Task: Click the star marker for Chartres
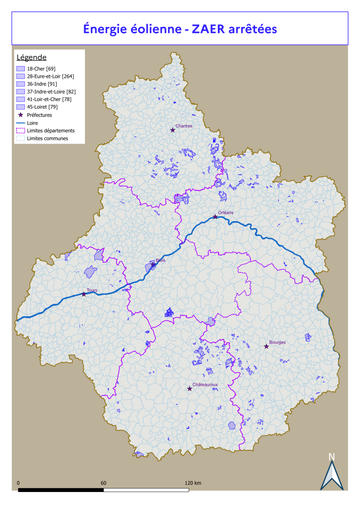click(x=173, y=130)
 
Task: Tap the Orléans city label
click(x=226, y=213)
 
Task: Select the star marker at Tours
click(x=84, y=294)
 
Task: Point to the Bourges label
click(x=277, y=342)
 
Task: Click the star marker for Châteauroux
click(x=190, y=389)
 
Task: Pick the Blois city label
click(x=160, y=260)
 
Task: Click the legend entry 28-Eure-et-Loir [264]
click(x=50, y=76)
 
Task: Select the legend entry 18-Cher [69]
click(x=41, y=69)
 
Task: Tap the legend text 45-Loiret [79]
click(x=42, y=107)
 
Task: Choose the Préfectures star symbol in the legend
click(x=20, y=115)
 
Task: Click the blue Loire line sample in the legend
click(x=20, y=123)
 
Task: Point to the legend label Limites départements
click(x=51, y=131)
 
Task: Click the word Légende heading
click(x=31, y=57)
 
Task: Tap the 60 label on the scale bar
click(x=104, y=483)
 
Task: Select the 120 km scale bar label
click(x=193, y=483)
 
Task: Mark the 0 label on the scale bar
click(x=18, y=483)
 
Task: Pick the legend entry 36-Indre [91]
click(x=42, y=84)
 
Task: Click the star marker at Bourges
click(x=266, y=347)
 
